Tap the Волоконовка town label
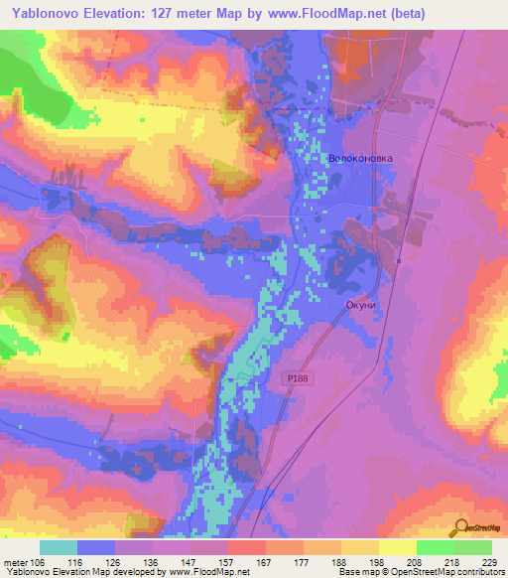click(360, 158)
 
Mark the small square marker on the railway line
click(398, 261)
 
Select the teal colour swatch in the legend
click(59, 546)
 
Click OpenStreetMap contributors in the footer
click(452, 573)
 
